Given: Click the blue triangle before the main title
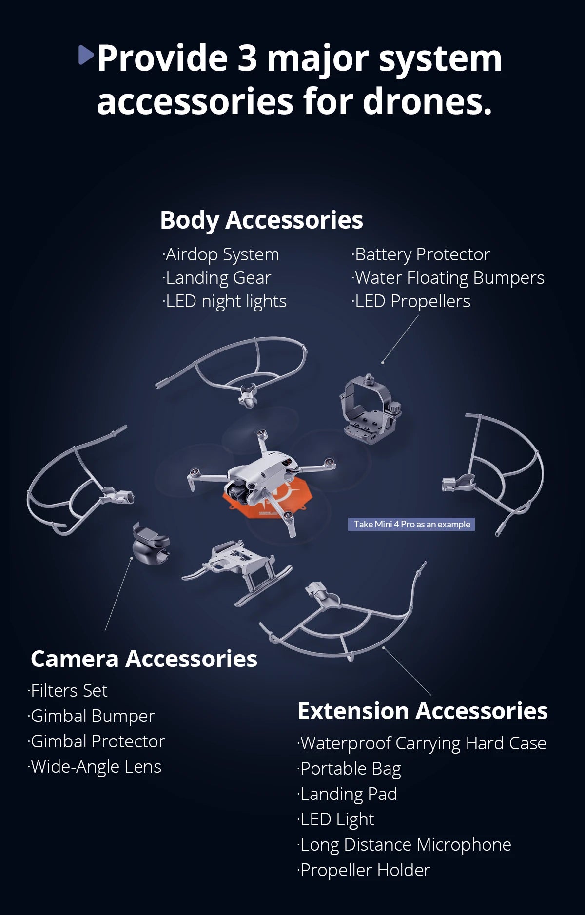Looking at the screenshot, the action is coord(85,55).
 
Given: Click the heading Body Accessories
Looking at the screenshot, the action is coord(261,220).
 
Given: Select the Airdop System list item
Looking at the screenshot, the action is coord(221,254).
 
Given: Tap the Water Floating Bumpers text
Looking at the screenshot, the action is coord(448,278).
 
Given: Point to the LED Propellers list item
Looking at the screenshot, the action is coord(411,301).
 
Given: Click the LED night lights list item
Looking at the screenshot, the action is coord(224,301).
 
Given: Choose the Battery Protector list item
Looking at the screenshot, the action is coord(421,254).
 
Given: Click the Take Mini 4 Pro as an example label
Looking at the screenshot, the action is coord(411,524).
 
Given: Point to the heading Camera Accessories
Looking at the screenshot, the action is coord(144,659).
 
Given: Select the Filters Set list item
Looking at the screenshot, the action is coord(68,691).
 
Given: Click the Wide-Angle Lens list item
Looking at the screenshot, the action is coord(95,767).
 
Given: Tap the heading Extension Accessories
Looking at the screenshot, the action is coord(423,711).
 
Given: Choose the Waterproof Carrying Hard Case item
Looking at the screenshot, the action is coord(422,744).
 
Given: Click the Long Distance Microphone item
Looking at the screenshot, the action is coord(404,845).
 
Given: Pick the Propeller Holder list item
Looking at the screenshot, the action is coord(364,870).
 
